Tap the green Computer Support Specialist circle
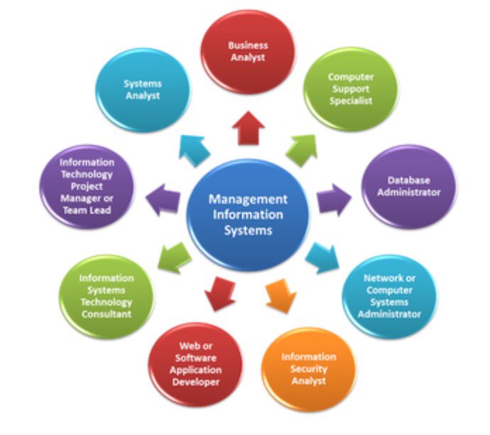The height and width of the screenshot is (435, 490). click(350, 88)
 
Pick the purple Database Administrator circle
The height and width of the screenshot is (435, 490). click(409, 187)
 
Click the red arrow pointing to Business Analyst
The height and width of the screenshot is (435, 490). click(251, 131)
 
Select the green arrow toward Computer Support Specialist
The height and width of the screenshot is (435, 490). click(301, 149)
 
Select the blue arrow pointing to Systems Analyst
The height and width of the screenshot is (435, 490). click(196, 147)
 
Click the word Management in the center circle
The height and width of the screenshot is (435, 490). click(248, 199)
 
